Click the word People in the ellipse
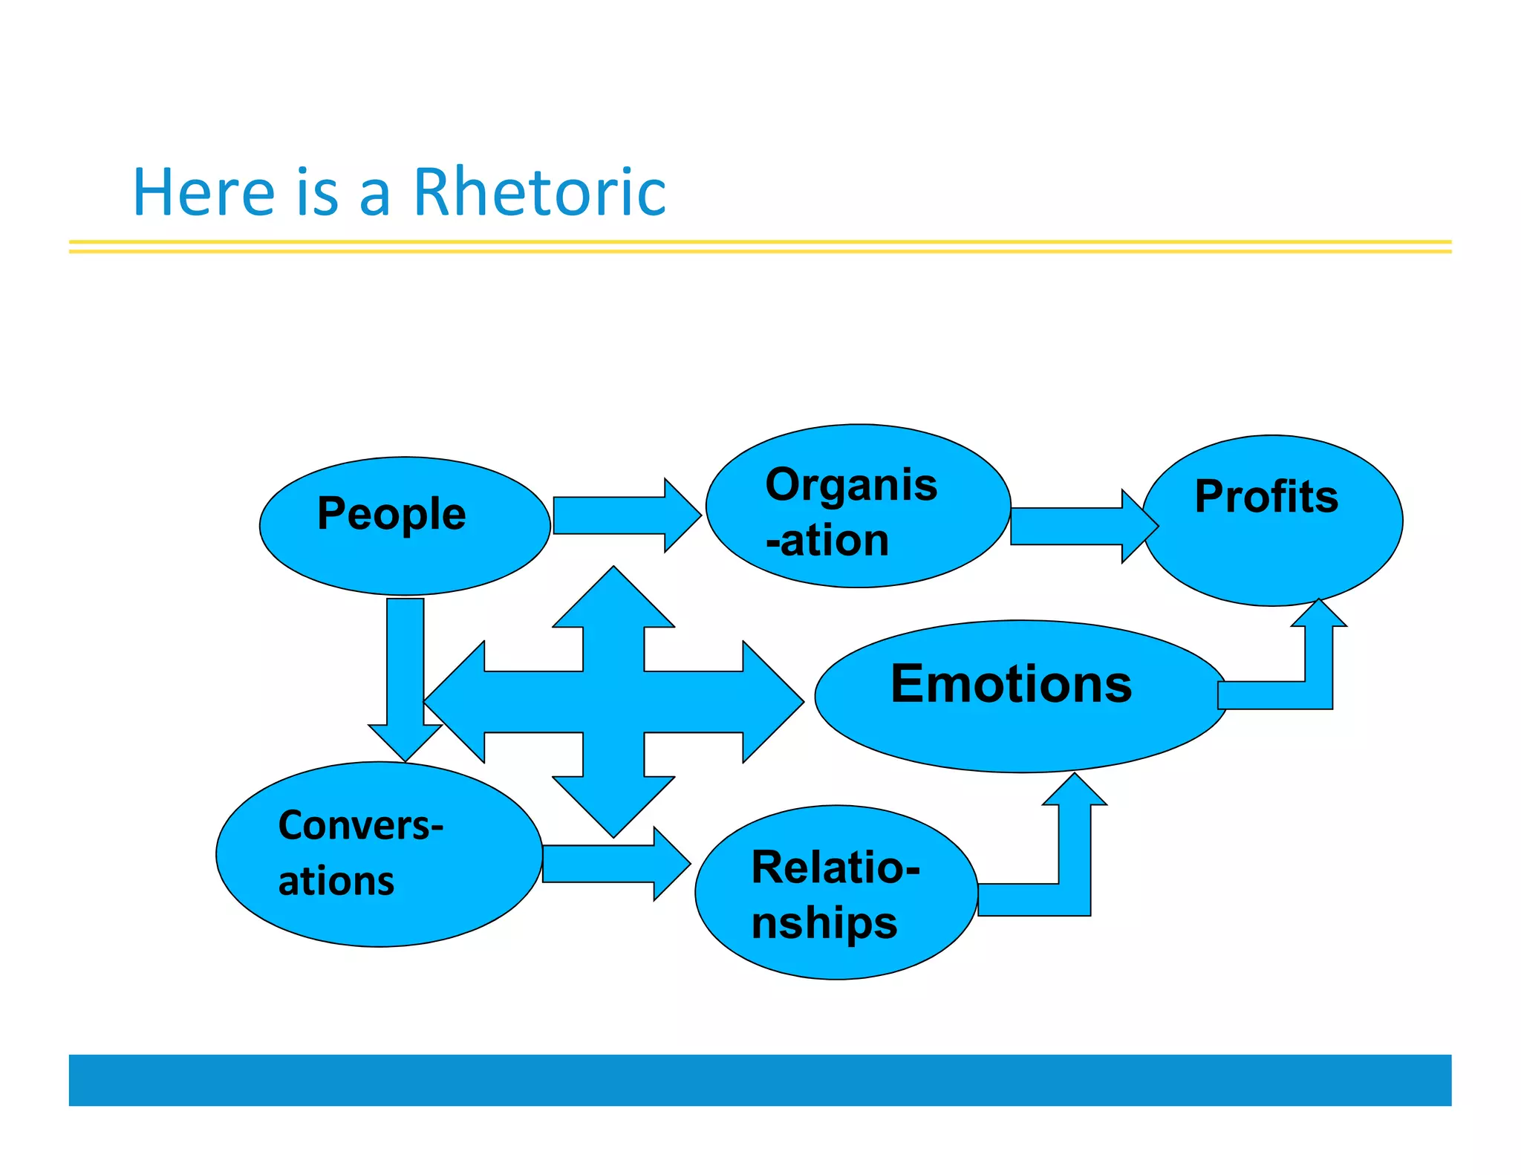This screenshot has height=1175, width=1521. (391, 514)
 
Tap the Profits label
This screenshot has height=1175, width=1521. (1266, 496)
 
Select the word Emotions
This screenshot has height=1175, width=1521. (1011, 683)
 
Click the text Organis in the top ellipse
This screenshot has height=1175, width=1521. (851, 485)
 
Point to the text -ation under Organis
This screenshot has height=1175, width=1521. (827, 540)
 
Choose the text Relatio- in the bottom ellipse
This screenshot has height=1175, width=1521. (836, 867)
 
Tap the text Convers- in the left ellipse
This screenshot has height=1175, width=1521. (360, 825)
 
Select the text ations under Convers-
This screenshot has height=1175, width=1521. (336, 881)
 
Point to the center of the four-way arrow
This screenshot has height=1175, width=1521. (613, 702)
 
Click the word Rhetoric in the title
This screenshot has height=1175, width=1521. (539, 192)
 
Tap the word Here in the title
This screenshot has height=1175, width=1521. (203, 192)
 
